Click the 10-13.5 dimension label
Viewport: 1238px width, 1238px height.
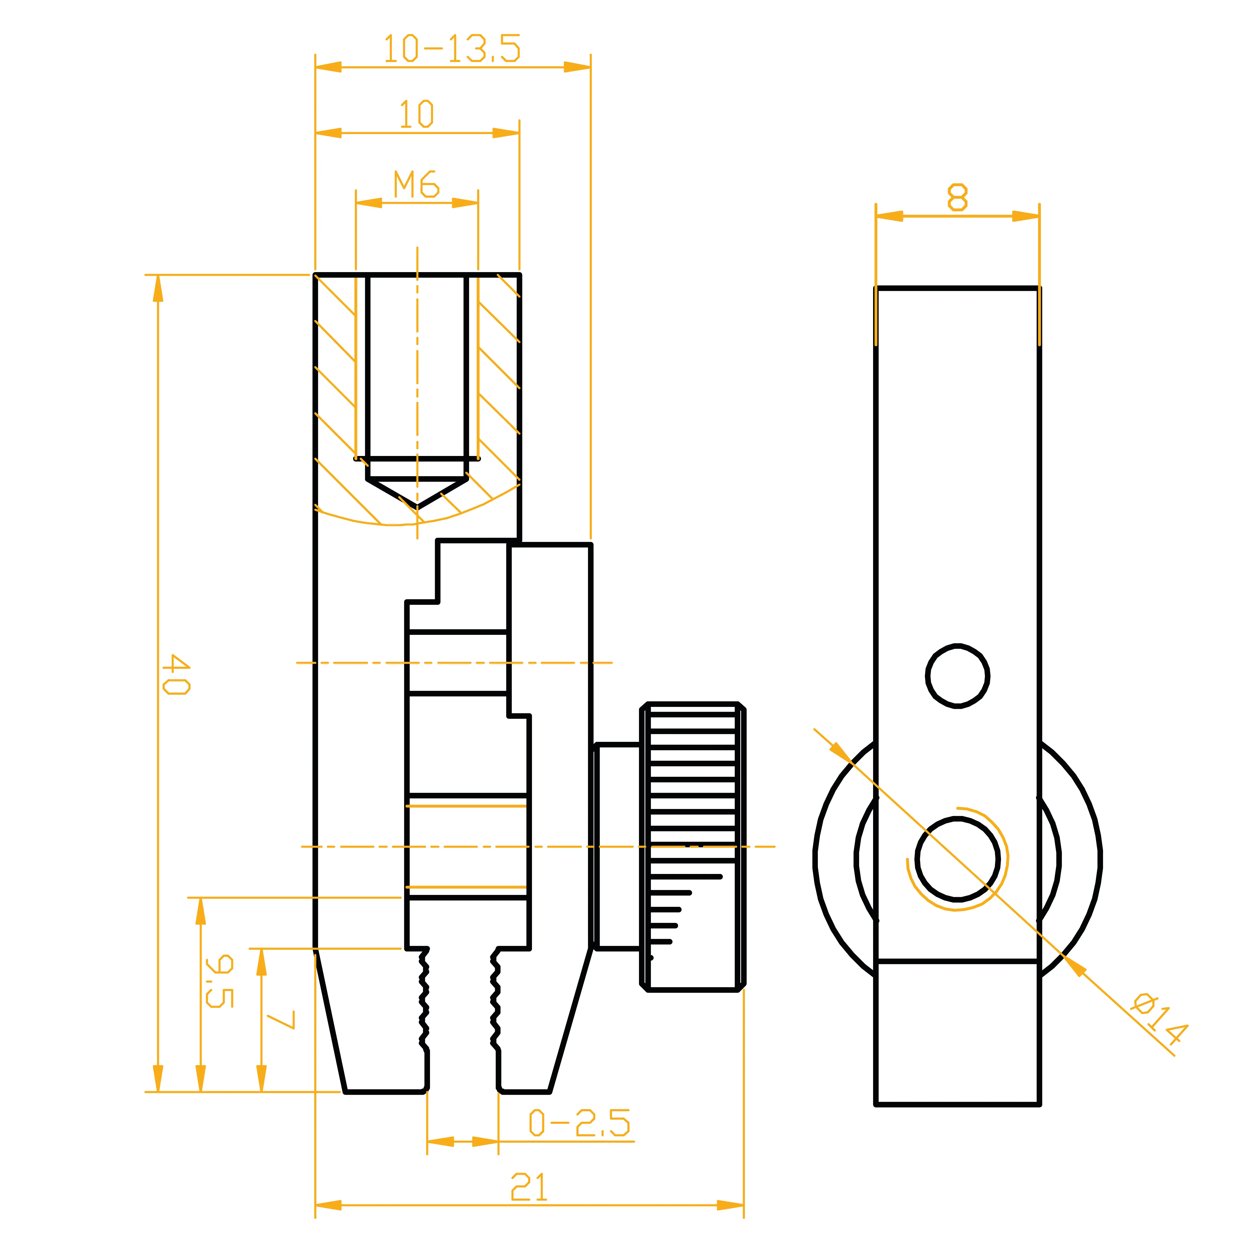[452, 49]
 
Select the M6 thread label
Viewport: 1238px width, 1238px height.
[416, 185]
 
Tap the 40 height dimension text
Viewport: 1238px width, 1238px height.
[176, 674]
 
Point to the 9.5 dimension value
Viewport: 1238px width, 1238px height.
[219, 981]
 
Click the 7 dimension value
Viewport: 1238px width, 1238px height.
[280, 1019]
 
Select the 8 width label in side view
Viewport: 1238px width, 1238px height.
[957, 197]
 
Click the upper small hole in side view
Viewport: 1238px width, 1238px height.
[957, 676]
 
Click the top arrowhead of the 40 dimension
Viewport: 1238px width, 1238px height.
[158, 288]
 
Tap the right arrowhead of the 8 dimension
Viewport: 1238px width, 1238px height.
[1026, 216]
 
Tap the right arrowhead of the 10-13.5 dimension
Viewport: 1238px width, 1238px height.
[577, 67]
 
